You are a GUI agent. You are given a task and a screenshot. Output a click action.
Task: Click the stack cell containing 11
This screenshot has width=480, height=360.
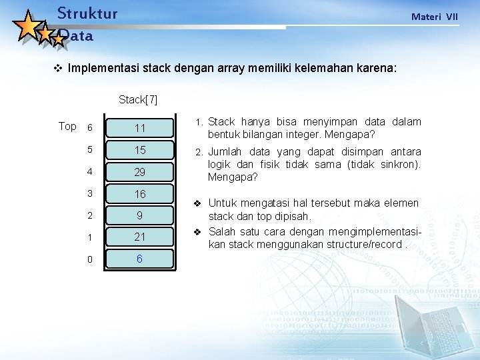pos(140,128)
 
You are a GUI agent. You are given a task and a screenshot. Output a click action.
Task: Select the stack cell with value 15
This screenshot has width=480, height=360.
pos(140,150)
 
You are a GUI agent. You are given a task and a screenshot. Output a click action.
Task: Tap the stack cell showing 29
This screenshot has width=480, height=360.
pos(140,172)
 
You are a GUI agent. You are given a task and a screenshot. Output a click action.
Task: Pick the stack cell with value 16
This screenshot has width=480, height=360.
pos(140,194)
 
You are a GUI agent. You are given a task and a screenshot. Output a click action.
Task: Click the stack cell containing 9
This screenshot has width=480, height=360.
pos(140,215)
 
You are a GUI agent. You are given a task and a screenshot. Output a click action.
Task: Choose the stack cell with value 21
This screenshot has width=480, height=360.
pos(140,237)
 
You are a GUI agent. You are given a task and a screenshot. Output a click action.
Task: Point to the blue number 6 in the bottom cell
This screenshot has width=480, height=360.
pos(140,259)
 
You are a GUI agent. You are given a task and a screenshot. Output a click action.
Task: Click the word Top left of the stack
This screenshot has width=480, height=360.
pos(67,126)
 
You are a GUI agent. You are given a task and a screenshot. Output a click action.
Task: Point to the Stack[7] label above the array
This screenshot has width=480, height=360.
pos(138,100)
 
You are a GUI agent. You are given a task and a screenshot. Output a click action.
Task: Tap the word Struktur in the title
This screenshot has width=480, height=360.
pos(87,13)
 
